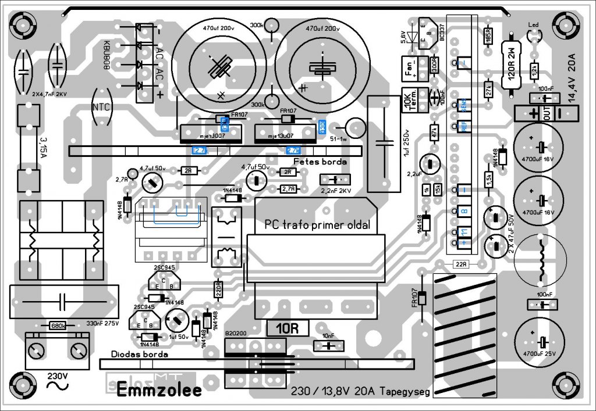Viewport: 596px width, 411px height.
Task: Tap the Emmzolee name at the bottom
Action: (159, 390)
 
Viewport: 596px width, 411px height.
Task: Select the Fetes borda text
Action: (320, 161)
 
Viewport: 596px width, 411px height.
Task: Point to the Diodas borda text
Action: (140, 354)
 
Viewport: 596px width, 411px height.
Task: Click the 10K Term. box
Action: (409, 101)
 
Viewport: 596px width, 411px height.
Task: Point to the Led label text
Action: (533, 24)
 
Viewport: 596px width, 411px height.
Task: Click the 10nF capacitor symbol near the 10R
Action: (328, 346)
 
